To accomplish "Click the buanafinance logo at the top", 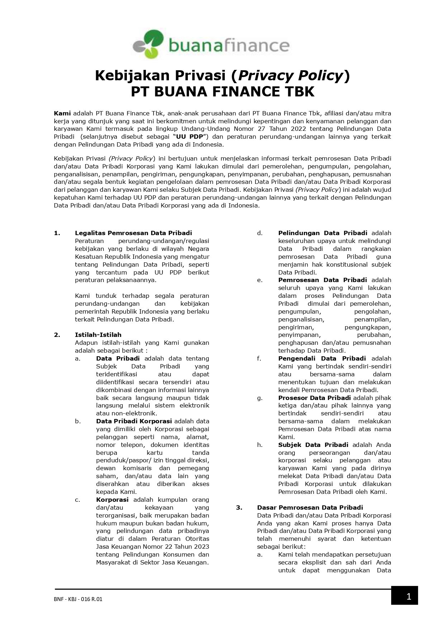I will coord(211,45).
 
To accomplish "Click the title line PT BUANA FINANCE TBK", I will coord(222,92).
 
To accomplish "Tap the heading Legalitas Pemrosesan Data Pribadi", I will coord(133,233).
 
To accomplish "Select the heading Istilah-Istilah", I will coord(98,335).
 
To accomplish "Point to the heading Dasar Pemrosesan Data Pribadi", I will coord(310,508).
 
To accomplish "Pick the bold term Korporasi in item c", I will coord(112,500).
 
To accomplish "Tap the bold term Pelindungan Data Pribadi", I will coord(323,233).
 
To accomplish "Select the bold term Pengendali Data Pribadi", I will coord(322,358).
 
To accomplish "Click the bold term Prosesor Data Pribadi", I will coord(314,398).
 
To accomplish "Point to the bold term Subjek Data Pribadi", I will coord(313,445).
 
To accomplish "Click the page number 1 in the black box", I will coord(408,597).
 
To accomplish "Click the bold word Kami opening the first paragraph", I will coord(62,113).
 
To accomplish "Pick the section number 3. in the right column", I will coord(239,508).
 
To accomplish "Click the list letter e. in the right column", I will coord(260,280).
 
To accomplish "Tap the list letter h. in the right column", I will coord(260,445).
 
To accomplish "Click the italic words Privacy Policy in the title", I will coord(289,76).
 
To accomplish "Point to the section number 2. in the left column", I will coord(57,335).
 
